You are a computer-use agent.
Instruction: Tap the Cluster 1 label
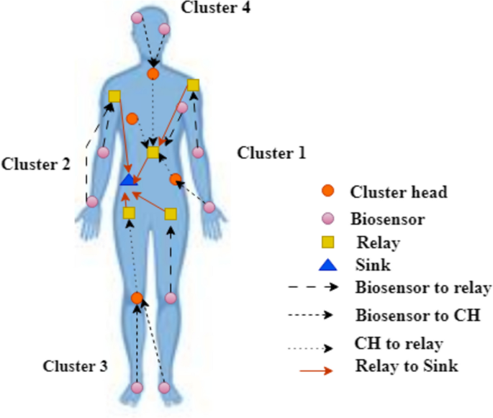click(271, 153)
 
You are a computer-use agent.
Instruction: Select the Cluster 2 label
click(35, 164)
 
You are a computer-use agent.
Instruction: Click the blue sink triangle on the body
click(128, 179)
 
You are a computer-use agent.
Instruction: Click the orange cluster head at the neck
click(153, 73)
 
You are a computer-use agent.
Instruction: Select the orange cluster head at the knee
click(137, 298)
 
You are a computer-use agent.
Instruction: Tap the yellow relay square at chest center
click(153, 153)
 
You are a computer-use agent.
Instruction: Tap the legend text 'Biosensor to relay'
click(422, 288)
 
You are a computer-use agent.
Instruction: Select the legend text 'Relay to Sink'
click(407, 367)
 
